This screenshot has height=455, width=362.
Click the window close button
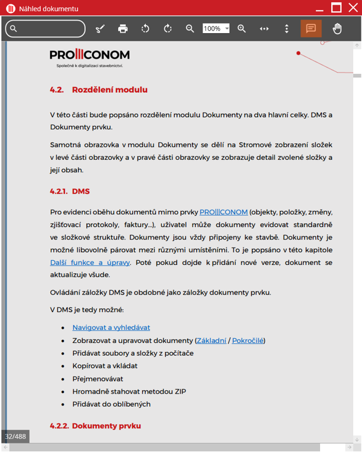pyautogui.click(x=353, y=8)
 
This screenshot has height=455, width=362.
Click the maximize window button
pyautogui.click(x=336, y=8)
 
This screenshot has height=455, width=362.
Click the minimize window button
pyautogui.click(x=319, y=8)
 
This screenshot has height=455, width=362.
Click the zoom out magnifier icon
pyautogui.click(x=190, y=28)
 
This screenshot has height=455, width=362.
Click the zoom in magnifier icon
pyautogui.click(x=242, y=28)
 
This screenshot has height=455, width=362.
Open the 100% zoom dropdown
pyautogui.click(x=227, y=28)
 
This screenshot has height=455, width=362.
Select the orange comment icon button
pyautogui.click(x=311, y=28)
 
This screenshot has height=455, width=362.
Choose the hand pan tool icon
pyautogui.click(x=337, y=28)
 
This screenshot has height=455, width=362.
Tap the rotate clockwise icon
pyautogui.click(x=168, y=28)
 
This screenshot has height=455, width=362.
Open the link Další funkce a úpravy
pyautogui.click(x=90, y=263)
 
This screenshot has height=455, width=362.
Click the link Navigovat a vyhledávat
pyautogui.click(x=111, y=328)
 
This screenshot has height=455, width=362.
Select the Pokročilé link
pyautogui.click(x=247, y=341)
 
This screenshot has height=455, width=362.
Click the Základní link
pyautogui.click(x=211, y=341)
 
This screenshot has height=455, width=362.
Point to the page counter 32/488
pyautogui.click(x=15, y=437)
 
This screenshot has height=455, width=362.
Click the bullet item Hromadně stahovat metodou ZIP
pyautogui.click(x=129, y=391)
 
